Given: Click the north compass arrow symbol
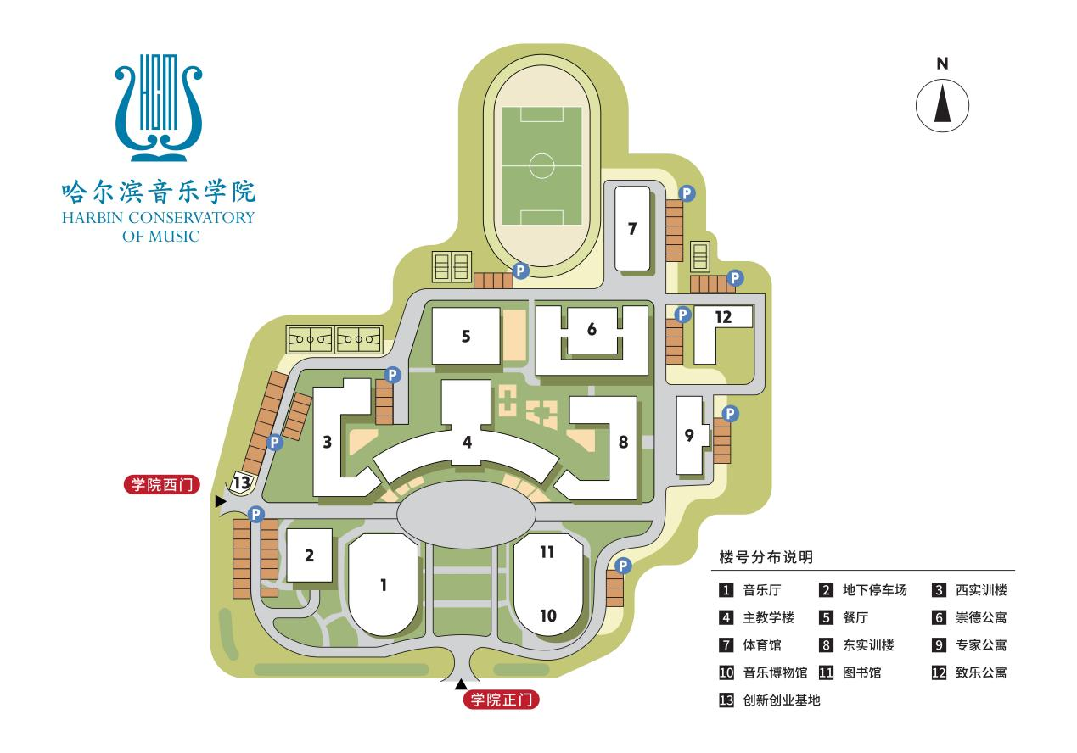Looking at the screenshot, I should pos(942,107).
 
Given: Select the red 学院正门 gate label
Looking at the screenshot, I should pos(501,700).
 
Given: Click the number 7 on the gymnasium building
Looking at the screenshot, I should pos(631,228).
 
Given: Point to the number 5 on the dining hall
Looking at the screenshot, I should pos(466,336).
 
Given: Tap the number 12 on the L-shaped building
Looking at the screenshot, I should pos(723,316).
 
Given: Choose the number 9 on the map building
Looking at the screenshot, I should pos(689,436).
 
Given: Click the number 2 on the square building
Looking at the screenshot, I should pos(309,556).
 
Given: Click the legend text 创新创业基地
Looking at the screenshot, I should pos(781,700).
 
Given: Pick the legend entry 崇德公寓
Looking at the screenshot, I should pos(980,618).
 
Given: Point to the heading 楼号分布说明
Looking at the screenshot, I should pos(766,557).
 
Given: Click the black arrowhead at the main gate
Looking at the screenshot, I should pos(461,684).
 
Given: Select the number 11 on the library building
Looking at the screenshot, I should pos(547,552).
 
